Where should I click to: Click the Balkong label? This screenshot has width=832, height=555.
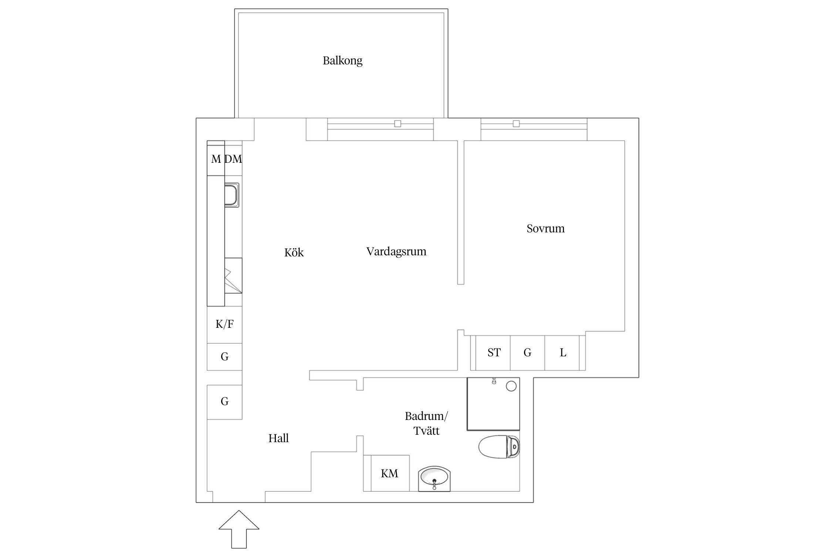342,61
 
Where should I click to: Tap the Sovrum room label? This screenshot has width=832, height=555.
545,228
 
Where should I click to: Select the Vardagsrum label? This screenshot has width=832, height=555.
396,252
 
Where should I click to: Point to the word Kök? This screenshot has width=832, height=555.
294,252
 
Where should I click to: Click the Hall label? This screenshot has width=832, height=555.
278,438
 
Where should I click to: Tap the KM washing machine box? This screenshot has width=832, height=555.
390,473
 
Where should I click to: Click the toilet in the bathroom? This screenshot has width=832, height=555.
499,447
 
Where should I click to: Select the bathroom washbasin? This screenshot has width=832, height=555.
434,479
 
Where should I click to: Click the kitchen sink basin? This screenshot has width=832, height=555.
232,195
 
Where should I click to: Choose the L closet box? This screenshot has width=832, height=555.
562,353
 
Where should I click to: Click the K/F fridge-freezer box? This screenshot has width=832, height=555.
224,324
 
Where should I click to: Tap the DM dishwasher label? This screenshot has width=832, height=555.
233,159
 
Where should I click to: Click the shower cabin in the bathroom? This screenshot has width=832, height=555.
493,404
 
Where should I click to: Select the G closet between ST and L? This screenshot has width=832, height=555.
527,353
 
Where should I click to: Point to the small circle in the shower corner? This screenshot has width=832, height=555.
511,386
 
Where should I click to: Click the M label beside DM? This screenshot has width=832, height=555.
216,159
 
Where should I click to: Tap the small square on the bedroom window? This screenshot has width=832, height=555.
516,124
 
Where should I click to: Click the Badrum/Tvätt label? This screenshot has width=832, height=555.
426,423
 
